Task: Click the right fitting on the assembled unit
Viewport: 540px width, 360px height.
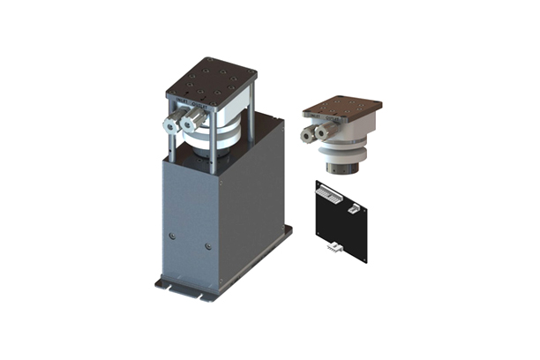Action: pos(190,124)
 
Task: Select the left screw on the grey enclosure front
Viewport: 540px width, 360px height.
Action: pos(172,236)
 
